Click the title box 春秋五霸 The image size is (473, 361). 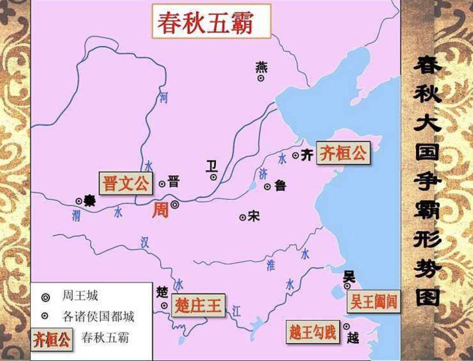click(211, 22)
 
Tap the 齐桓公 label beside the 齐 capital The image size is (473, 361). click(343, 153)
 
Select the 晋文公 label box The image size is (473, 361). click(126, 183)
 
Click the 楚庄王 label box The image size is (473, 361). click(198, 305)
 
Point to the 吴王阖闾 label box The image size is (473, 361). click(373, 302)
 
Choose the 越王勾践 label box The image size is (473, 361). click(313, 332)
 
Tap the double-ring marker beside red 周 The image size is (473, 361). click(175, 204)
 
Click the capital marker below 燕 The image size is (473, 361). click(260, 78)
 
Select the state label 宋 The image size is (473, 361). click(254, 216)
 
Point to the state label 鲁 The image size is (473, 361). click(280, 186)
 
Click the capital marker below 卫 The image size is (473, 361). click(214, 177)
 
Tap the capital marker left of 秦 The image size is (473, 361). click(79, 201)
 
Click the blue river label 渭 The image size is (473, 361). click(76, 215)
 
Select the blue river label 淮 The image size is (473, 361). click(271, 265)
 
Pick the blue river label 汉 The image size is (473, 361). click(144, 242)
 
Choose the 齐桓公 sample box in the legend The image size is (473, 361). click(52, 339)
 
